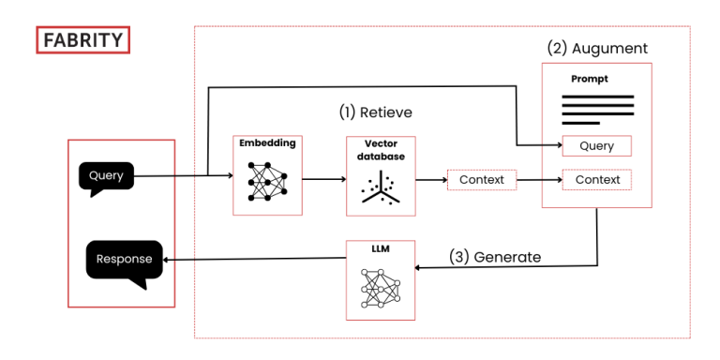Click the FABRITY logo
point(82,40)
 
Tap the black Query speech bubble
point(106,176)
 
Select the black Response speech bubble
point(124,260)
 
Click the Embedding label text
point(267,143)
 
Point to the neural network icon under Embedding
point(267,181)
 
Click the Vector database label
point(382,150)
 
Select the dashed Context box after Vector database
point(481,179)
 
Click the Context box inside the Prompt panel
point(597,179)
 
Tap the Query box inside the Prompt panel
point(597,146)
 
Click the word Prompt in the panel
point(590,79)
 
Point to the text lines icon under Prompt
point(597,109)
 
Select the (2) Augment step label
point(597,47)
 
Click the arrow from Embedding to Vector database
point(323,178)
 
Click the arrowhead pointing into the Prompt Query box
point(556,146)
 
